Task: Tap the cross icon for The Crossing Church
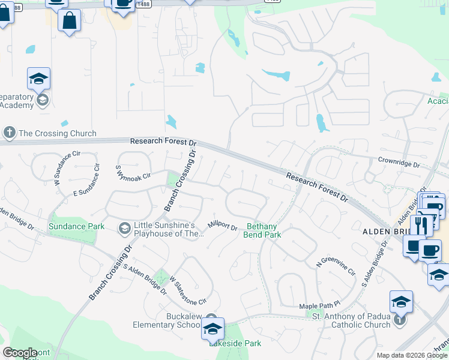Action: (9, 132)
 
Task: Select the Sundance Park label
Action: (76, 226)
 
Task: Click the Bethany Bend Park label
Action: (262, 230)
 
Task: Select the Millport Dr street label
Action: (223, 226)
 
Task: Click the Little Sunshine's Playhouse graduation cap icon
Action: (124, 227)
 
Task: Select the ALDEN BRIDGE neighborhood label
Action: (384, 232)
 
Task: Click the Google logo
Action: (20, 353)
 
